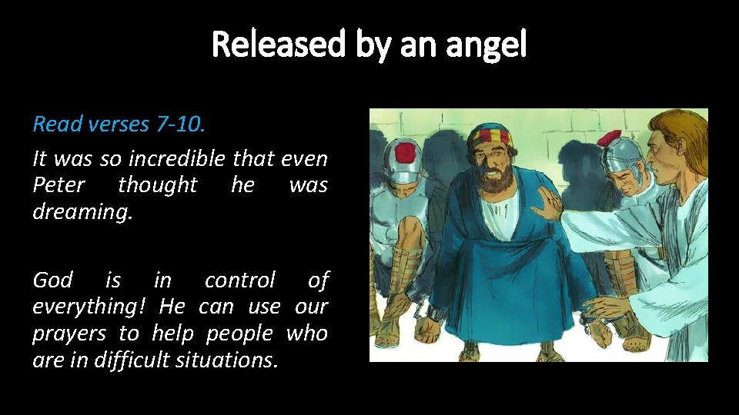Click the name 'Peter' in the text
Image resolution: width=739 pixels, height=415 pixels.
click(59, 185)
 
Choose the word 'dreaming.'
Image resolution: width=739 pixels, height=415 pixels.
click(82, 211)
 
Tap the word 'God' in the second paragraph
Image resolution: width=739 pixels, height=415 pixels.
click(52, 281)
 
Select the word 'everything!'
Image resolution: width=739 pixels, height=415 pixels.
click(90, 307)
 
